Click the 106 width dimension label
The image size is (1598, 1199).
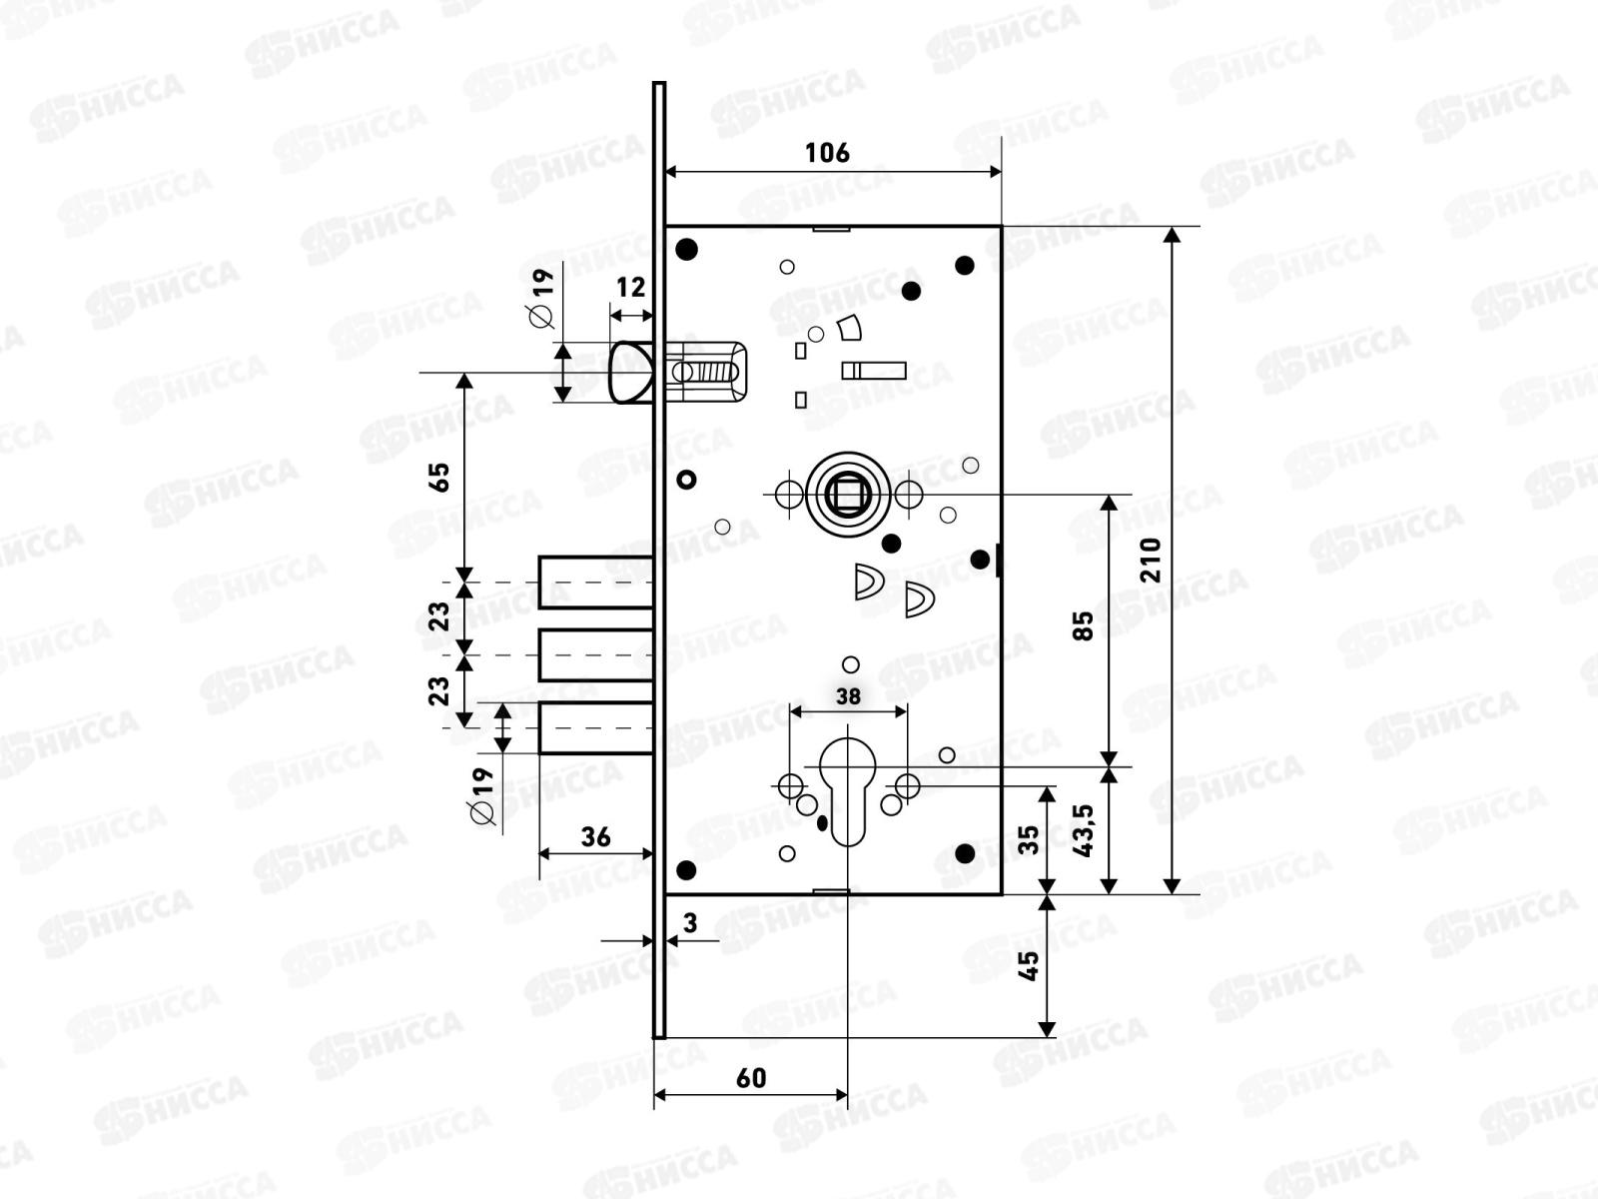(x=827, y=153)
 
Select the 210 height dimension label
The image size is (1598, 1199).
(x=1151, y=560)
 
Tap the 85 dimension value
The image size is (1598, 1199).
(x=1084, y=626)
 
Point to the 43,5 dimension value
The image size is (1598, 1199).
(x=1084, y=830)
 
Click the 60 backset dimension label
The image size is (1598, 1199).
(x=751, y=1078)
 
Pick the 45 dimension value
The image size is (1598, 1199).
(x=1028, y=966)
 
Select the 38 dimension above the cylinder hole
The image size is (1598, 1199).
(x=848, y=696)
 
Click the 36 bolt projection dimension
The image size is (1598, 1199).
(x=595, y=837)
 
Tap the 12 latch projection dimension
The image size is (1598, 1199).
(x=630, y=288)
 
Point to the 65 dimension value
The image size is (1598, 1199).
(x=439, y=478)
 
